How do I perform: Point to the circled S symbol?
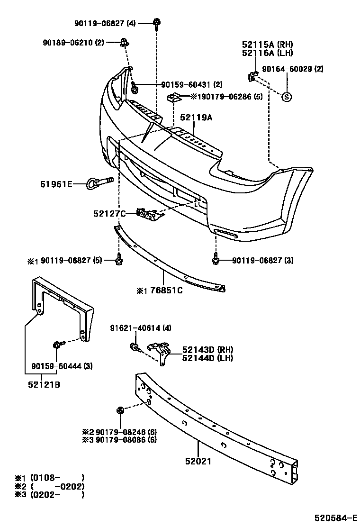[287, 97]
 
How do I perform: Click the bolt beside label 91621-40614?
[135, 347]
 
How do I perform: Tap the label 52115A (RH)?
[268, 45]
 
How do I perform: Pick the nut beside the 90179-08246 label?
[120, 410]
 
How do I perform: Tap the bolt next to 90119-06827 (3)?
[216, 260]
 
